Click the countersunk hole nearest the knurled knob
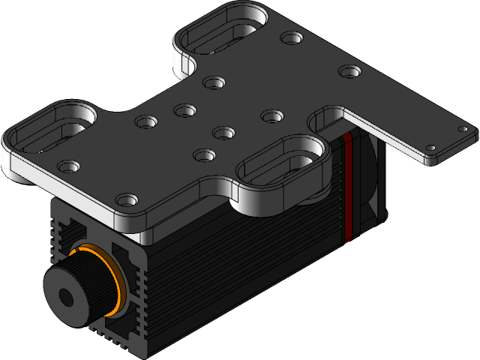click(128, 200)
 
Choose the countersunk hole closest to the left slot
click(69, 164)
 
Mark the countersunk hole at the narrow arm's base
click(349, 72)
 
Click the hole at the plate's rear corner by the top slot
click(289, 37)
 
